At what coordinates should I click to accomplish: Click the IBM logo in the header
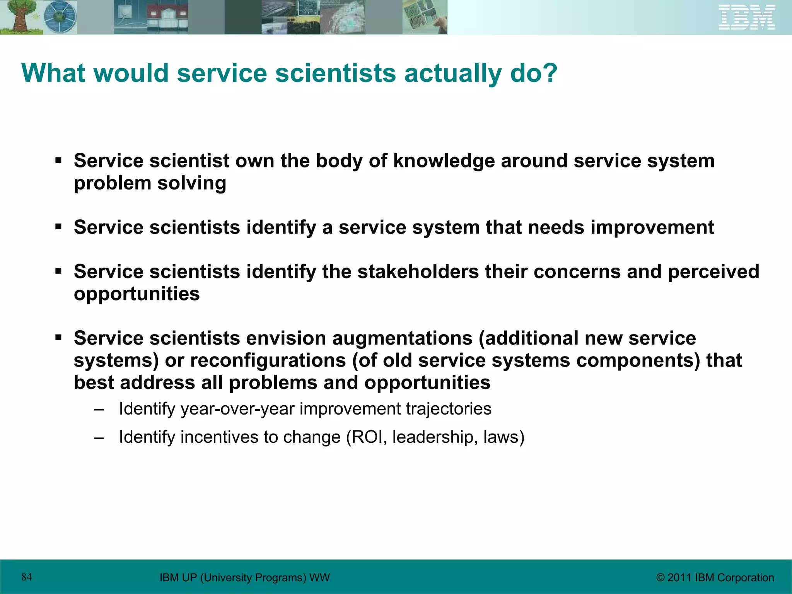click(x=747, y=17)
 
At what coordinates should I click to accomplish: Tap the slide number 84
click(x=27, y=577)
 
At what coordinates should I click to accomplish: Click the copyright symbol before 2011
click(x=660, y=578)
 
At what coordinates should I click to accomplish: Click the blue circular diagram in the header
click(x=60, y=17)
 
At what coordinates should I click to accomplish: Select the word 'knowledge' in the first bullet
click(x=444, y=160)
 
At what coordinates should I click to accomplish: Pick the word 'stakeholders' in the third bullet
click(x=418, y=271)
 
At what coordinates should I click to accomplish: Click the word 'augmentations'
click(x=402, y=338)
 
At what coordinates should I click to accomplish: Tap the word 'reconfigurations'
click(x=268, y=360)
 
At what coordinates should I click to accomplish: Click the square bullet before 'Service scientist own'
click(x=58, y=160)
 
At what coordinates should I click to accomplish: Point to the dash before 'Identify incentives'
click(x=99, y=438)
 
